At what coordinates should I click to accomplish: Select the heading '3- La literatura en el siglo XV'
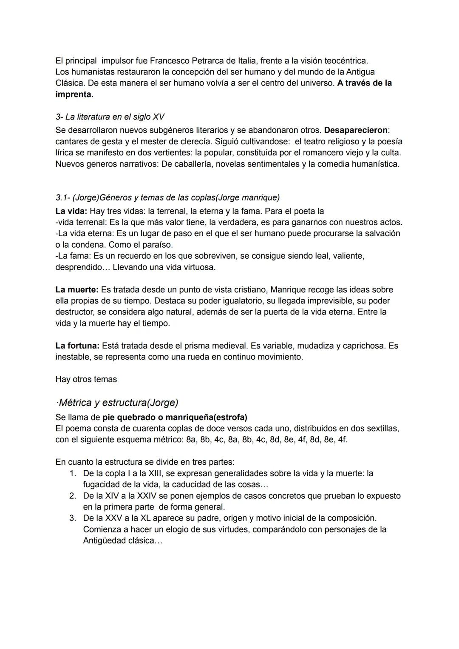[110, 117]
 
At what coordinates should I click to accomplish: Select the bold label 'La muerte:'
[77, 290]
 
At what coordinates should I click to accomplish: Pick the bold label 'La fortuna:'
[78, 346]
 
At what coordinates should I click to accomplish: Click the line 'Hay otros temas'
[86, 379]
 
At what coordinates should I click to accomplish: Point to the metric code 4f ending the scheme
[342, 440]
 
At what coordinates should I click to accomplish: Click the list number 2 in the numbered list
[73, 496]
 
